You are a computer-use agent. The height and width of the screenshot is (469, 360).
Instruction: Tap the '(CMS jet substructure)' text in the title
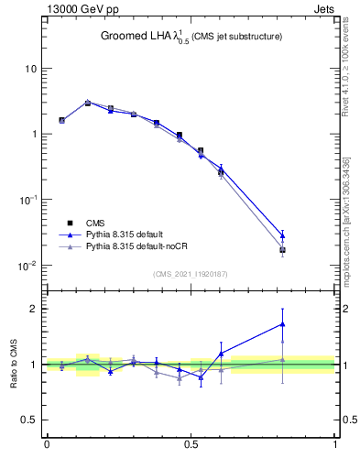pyautogui.click(x=236, y=37)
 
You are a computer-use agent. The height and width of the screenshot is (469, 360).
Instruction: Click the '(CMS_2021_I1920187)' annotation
pyautogui.click(x=191, y=273)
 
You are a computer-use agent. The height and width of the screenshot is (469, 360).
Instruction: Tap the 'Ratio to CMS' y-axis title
pyautogui.click(x=14, y=365)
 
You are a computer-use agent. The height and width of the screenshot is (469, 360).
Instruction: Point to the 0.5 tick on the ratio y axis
pyautogui.click(x=30, y=420)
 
